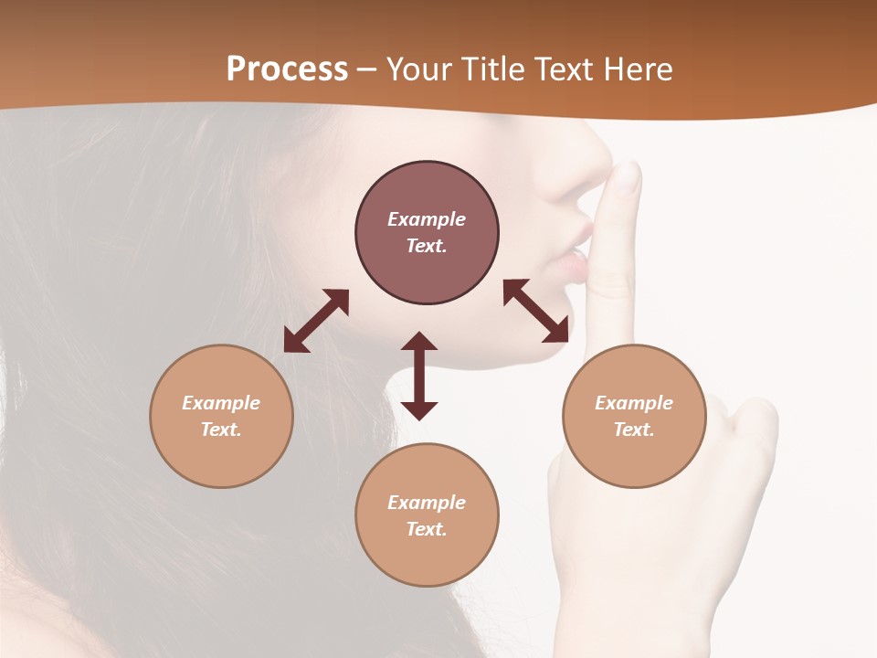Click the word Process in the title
[x=287, y=69]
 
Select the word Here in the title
[x=637, y=69]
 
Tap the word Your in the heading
[x=420, y=69]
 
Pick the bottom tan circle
[x=427, y=557]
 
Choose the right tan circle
[x=634, y=457]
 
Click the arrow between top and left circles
[x=316, y=321]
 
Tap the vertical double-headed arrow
[x=419, y=376]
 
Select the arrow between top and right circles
[x=536, y=311]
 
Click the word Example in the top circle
[x=427, y=219]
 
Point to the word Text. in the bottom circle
[x=427, y=529]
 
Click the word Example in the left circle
[x=221, y=403]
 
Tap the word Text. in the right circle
[x=634, y=430]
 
